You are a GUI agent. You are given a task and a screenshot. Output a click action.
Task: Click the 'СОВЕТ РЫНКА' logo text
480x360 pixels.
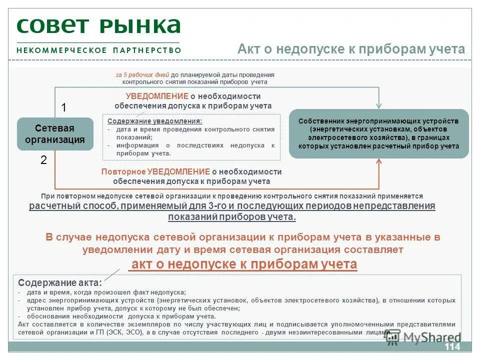coord(98,26)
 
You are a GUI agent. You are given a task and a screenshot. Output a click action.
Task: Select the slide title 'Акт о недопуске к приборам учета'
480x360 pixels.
coord(351,49)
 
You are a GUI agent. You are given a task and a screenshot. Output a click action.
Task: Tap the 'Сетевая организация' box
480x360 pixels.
coord(55,134)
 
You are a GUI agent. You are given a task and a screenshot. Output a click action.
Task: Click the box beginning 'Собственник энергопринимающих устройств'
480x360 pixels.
coord(378,134)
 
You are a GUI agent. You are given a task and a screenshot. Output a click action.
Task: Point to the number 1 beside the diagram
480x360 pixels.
coord(63,107)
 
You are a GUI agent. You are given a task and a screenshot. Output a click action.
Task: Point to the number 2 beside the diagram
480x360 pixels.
coord(43,160)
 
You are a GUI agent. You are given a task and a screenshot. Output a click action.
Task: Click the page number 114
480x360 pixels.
coord(451,347)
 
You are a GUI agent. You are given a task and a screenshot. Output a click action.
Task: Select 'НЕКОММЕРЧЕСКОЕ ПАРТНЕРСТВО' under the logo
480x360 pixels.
coord(98,50)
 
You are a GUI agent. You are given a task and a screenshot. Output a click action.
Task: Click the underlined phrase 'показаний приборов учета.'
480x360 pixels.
coord(232,216)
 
